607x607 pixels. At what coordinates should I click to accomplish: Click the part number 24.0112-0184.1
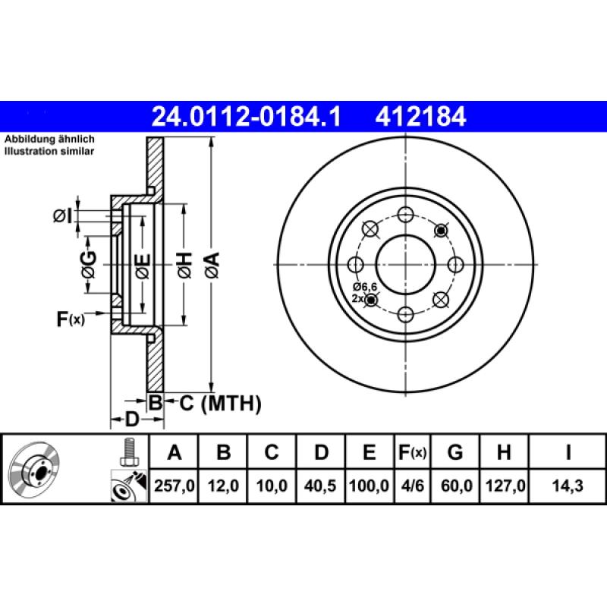[x=246, y=117]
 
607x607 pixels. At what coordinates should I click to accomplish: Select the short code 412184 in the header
[x=420, y=117]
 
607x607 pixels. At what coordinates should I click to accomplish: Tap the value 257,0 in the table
[x=175, y=484]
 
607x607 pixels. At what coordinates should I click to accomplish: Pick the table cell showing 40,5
[x=322, y=484]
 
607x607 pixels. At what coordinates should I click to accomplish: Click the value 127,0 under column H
[x=503, y=484]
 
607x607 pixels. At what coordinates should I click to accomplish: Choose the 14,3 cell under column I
[x=568, y=484]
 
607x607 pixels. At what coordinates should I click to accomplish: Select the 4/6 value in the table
[x=412, y=484]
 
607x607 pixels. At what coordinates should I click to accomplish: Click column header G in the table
[x=455, y=453]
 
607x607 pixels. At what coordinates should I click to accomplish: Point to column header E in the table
[x=369, y=453]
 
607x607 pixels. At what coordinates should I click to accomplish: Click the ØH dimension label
[x=184, y=265]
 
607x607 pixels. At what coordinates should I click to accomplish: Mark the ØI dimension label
[x=63, y=217]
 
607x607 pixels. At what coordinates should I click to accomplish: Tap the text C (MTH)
[x=220, y=403]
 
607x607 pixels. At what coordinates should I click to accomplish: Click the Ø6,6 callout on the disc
[x=365, y=286]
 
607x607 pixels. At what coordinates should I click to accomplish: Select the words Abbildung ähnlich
[x=49, y=140]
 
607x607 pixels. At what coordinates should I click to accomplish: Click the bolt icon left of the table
[x=128, y=453]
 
